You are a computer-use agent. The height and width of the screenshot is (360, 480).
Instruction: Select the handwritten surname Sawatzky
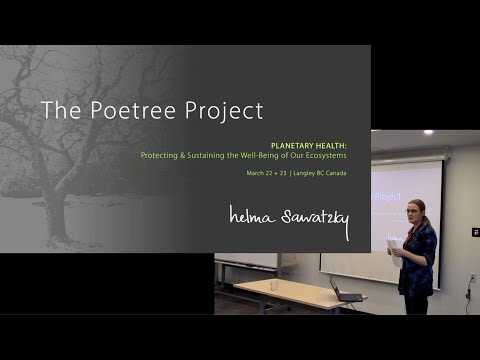[x=309, y=220]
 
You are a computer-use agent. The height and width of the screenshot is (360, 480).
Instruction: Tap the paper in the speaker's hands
[x=393, y=246]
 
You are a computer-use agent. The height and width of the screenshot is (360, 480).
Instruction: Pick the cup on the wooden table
[x=274, y=285]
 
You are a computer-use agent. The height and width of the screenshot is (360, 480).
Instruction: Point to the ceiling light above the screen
[x=429, y=132]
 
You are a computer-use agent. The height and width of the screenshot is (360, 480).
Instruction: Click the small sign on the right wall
[x=476, y=232]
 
